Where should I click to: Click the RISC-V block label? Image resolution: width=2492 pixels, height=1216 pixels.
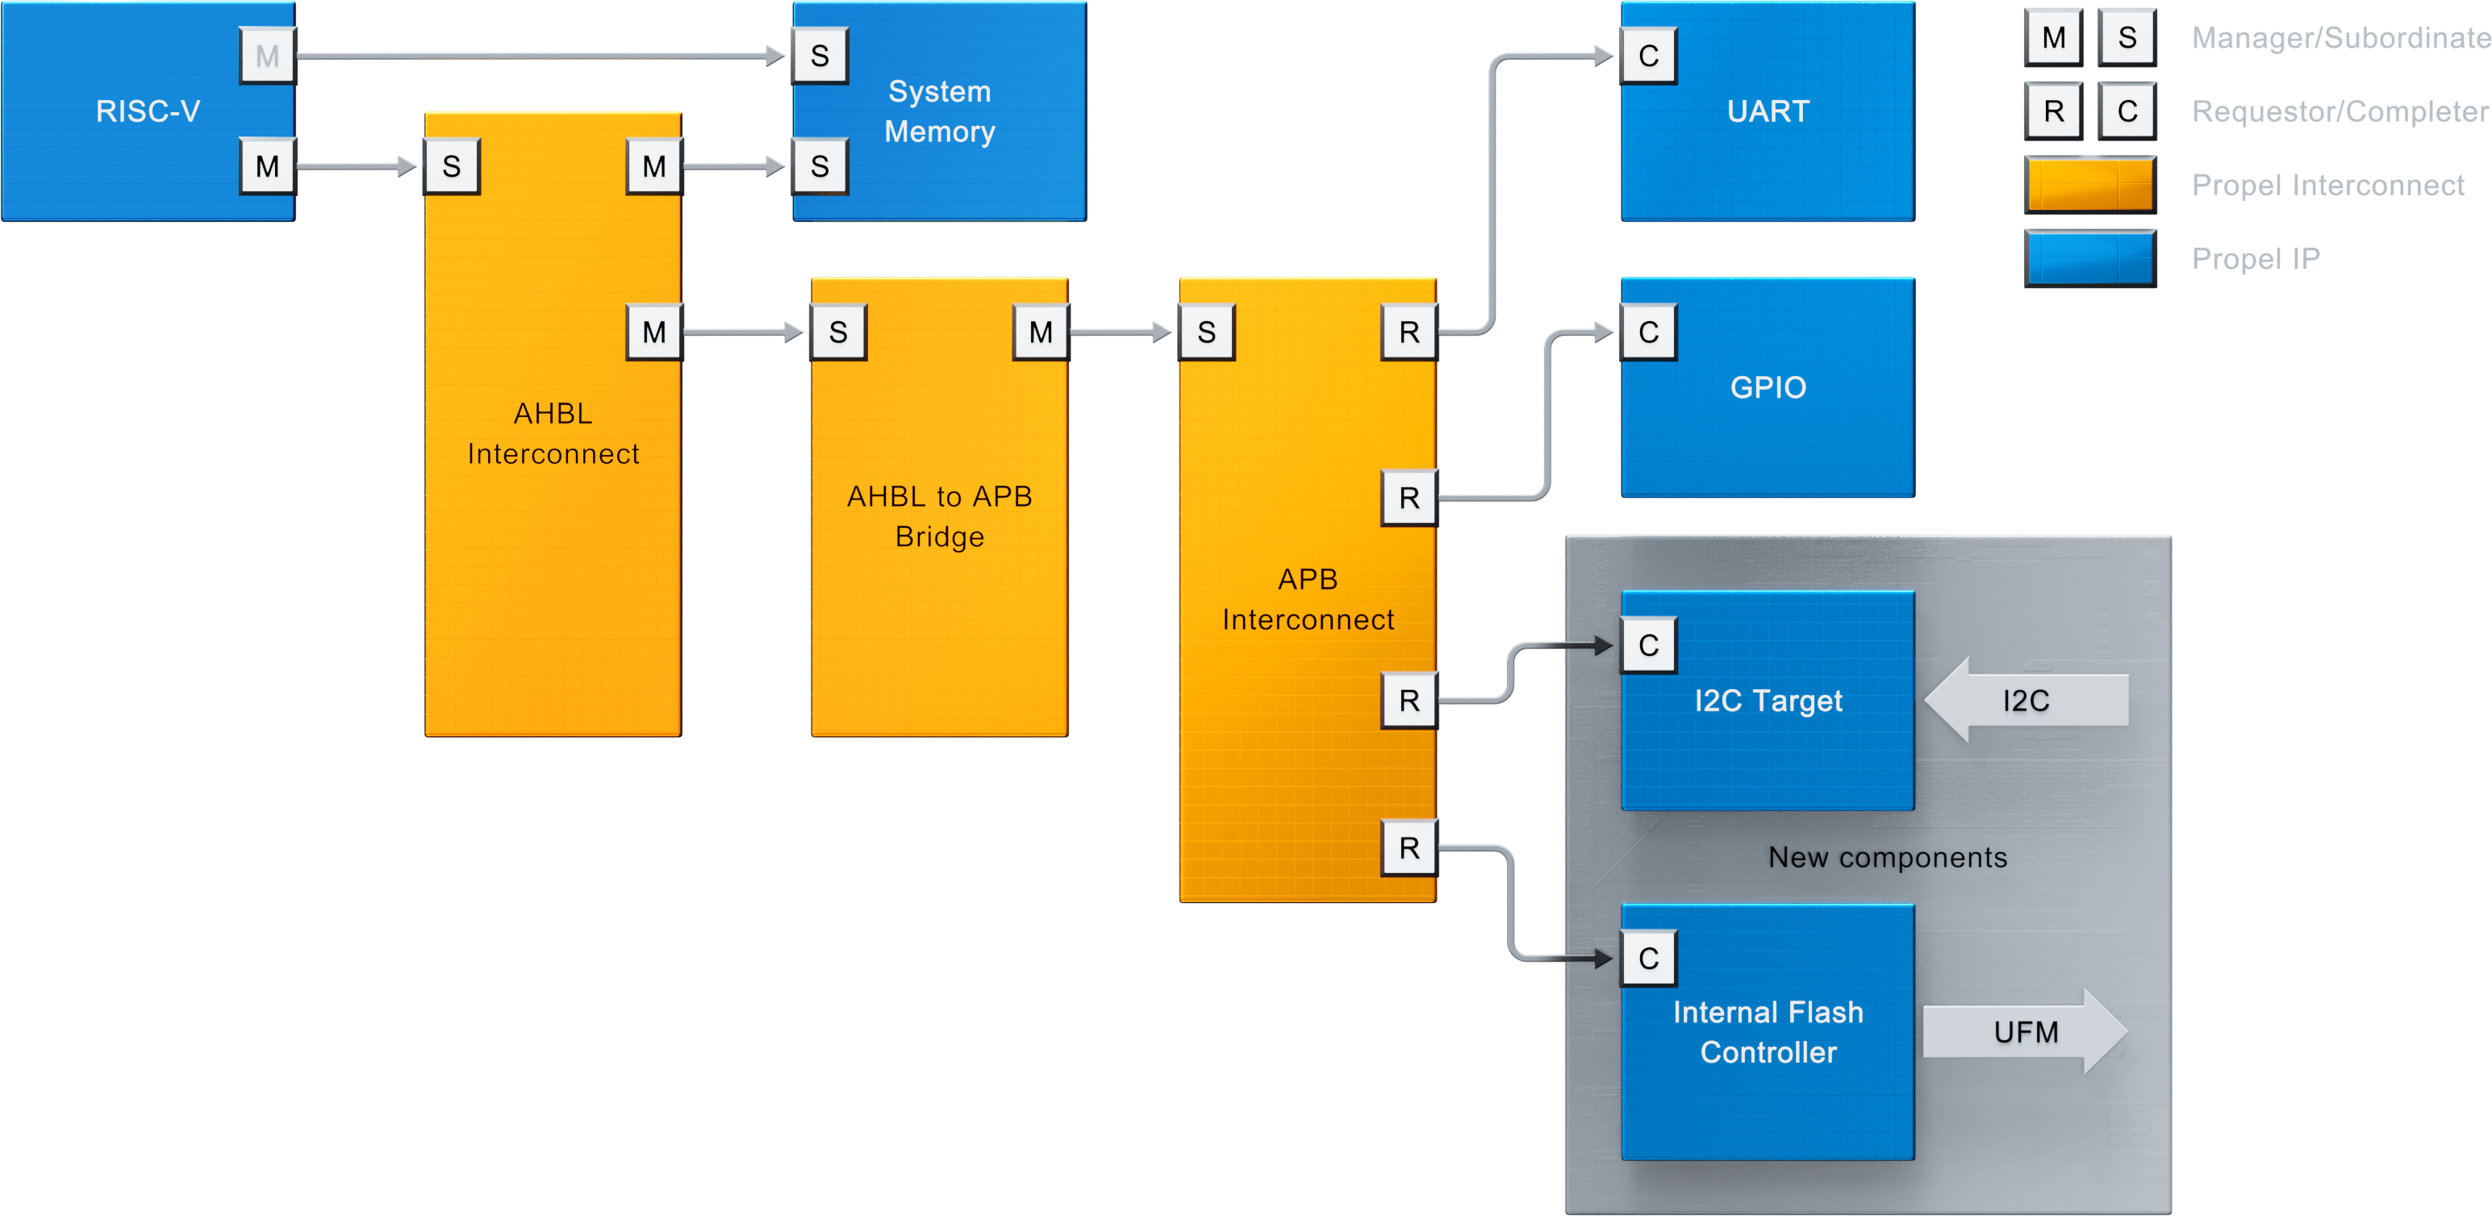(148, 111)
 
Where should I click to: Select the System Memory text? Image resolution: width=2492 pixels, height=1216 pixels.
(939, 111)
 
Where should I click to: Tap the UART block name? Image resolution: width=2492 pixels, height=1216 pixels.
(1768, 111)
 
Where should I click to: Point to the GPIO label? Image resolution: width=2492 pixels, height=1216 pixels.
(1768, 387)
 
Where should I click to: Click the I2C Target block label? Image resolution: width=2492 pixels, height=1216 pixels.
(1768, 700)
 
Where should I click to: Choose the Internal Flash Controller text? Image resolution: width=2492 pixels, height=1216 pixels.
(1768, 1032)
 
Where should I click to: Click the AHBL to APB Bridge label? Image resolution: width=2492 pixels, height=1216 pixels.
(939, 516)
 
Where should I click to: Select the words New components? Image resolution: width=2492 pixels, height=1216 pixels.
(1888, 857)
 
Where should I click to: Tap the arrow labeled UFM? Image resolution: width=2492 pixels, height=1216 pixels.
(2026, 1032)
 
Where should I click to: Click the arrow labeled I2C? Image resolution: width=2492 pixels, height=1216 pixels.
(2026, 700)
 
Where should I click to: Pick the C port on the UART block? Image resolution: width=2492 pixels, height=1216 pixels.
(1648, 56)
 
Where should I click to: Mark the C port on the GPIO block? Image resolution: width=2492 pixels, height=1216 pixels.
(1648, 332)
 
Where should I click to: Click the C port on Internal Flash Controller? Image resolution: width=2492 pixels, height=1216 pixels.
(1648, 959)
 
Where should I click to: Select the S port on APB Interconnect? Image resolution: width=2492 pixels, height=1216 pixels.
(1206, 332)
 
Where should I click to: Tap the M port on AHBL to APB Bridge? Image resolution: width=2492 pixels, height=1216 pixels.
(1041, 332)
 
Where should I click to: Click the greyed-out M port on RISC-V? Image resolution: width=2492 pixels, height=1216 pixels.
(267, 56)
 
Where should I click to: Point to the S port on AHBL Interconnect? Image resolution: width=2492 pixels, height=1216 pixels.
(452, 166)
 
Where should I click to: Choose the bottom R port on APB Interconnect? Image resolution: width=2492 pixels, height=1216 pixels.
(1409, 848)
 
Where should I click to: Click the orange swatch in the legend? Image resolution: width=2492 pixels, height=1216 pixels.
(2089, 184)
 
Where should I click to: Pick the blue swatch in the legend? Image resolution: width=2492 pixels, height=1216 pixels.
(2089, 257)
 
